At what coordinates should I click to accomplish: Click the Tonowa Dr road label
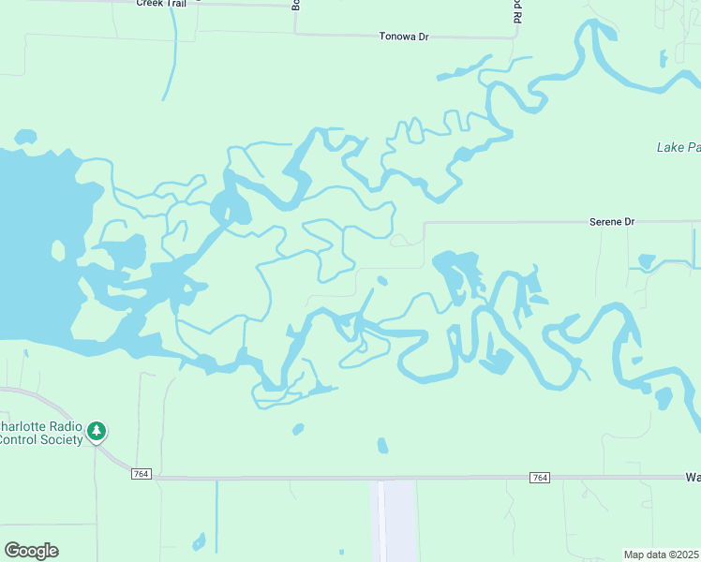pos(403,37)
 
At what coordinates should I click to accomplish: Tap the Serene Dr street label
pos(612,222)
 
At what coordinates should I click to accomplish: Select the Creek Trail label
pos(161,4)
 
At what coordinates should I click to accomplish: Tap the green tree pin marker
pos(97,431)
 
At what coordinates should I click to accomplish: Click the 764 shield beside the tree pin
pos(142,476)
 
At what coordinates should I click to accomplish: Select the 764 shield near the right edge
pos(539,478)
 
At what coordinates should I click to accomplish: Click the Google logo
pos(31,551)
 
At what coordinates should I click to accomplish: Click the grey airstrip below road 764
pos(394,521)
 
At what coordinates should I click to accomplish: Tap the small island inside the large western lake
pos(58,251)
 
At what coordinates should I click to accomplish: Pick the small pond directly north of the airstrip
pos(382,445)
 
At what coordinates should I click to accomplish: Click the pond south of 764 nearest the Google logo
pos(199,541)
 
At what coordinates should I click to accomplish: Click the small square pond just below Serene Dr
pos(646,260)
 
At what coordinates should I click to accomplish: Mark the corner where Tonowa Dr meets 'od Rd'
pos(516,37)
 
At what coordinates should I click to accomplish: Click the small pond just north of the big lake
pos(25,137)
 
